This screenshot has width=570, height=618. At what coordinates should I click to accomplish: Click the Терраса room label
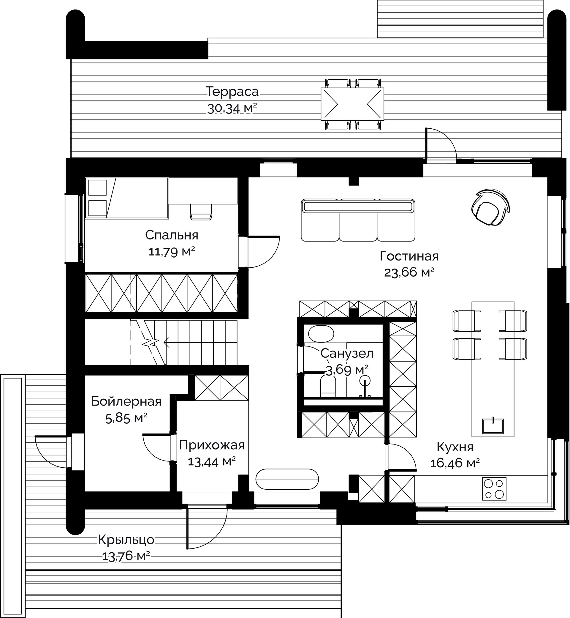[x=232, y=92]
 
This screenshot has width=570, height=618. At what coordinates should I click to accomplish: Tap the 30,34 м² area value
[x=232, y=108]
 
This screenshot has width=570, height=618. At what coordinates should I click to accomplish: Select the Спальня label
[x=172, y=235]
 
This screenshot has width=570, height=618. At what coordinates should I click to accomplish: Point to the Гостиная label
[x=409, y=256]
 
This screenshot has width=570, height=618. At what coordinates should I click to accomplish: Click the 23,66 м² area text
[x=409, y=272]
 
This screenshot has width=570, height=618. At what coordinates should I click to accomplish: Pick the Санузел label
[x=347, y=354]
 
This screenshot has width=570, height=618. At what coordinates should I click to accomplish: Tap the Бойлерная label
[x=126, y=402]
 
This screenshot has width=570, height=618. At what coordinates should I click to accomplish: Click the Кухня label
[x=455, y=447]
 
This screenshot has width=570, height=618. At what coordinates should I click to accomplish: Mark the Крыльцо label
[x=126, y=540]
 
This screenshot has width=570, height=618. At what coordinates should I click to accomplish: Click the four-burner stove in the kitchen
[x=494, y=489]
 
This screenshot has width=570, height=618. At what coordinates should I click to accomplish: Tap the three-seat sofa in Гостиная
[x=358, y=220]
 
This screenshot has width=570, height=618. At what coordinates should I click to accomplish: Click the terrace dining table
[x=352, y=104]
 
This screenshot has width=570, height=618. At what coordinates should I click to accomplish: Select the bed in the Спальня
[x=126, y=198]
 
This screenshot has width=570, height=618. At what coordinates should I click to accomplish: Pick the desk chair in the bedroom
[x=201, y=212]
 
